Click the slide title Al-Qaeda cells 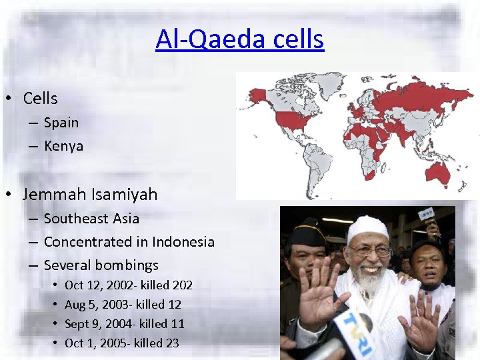(x=239, y=39)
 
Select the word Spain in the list (x=61, y=123)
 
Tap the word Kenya (x=63, y=146)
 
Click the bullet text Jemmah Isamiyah (x=90, y=195)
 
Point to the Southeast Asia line (x=91, y=219)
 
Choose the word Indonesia (x=183, y=242)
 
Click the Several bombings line (x=101, y=265)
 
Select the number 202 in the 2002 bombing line (x=182, y=285)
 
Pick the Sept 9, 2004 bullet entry (x=124, y=324)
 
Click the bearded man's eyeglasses (x=370, y=251)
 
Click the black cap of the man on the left (x=306, y=234)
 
